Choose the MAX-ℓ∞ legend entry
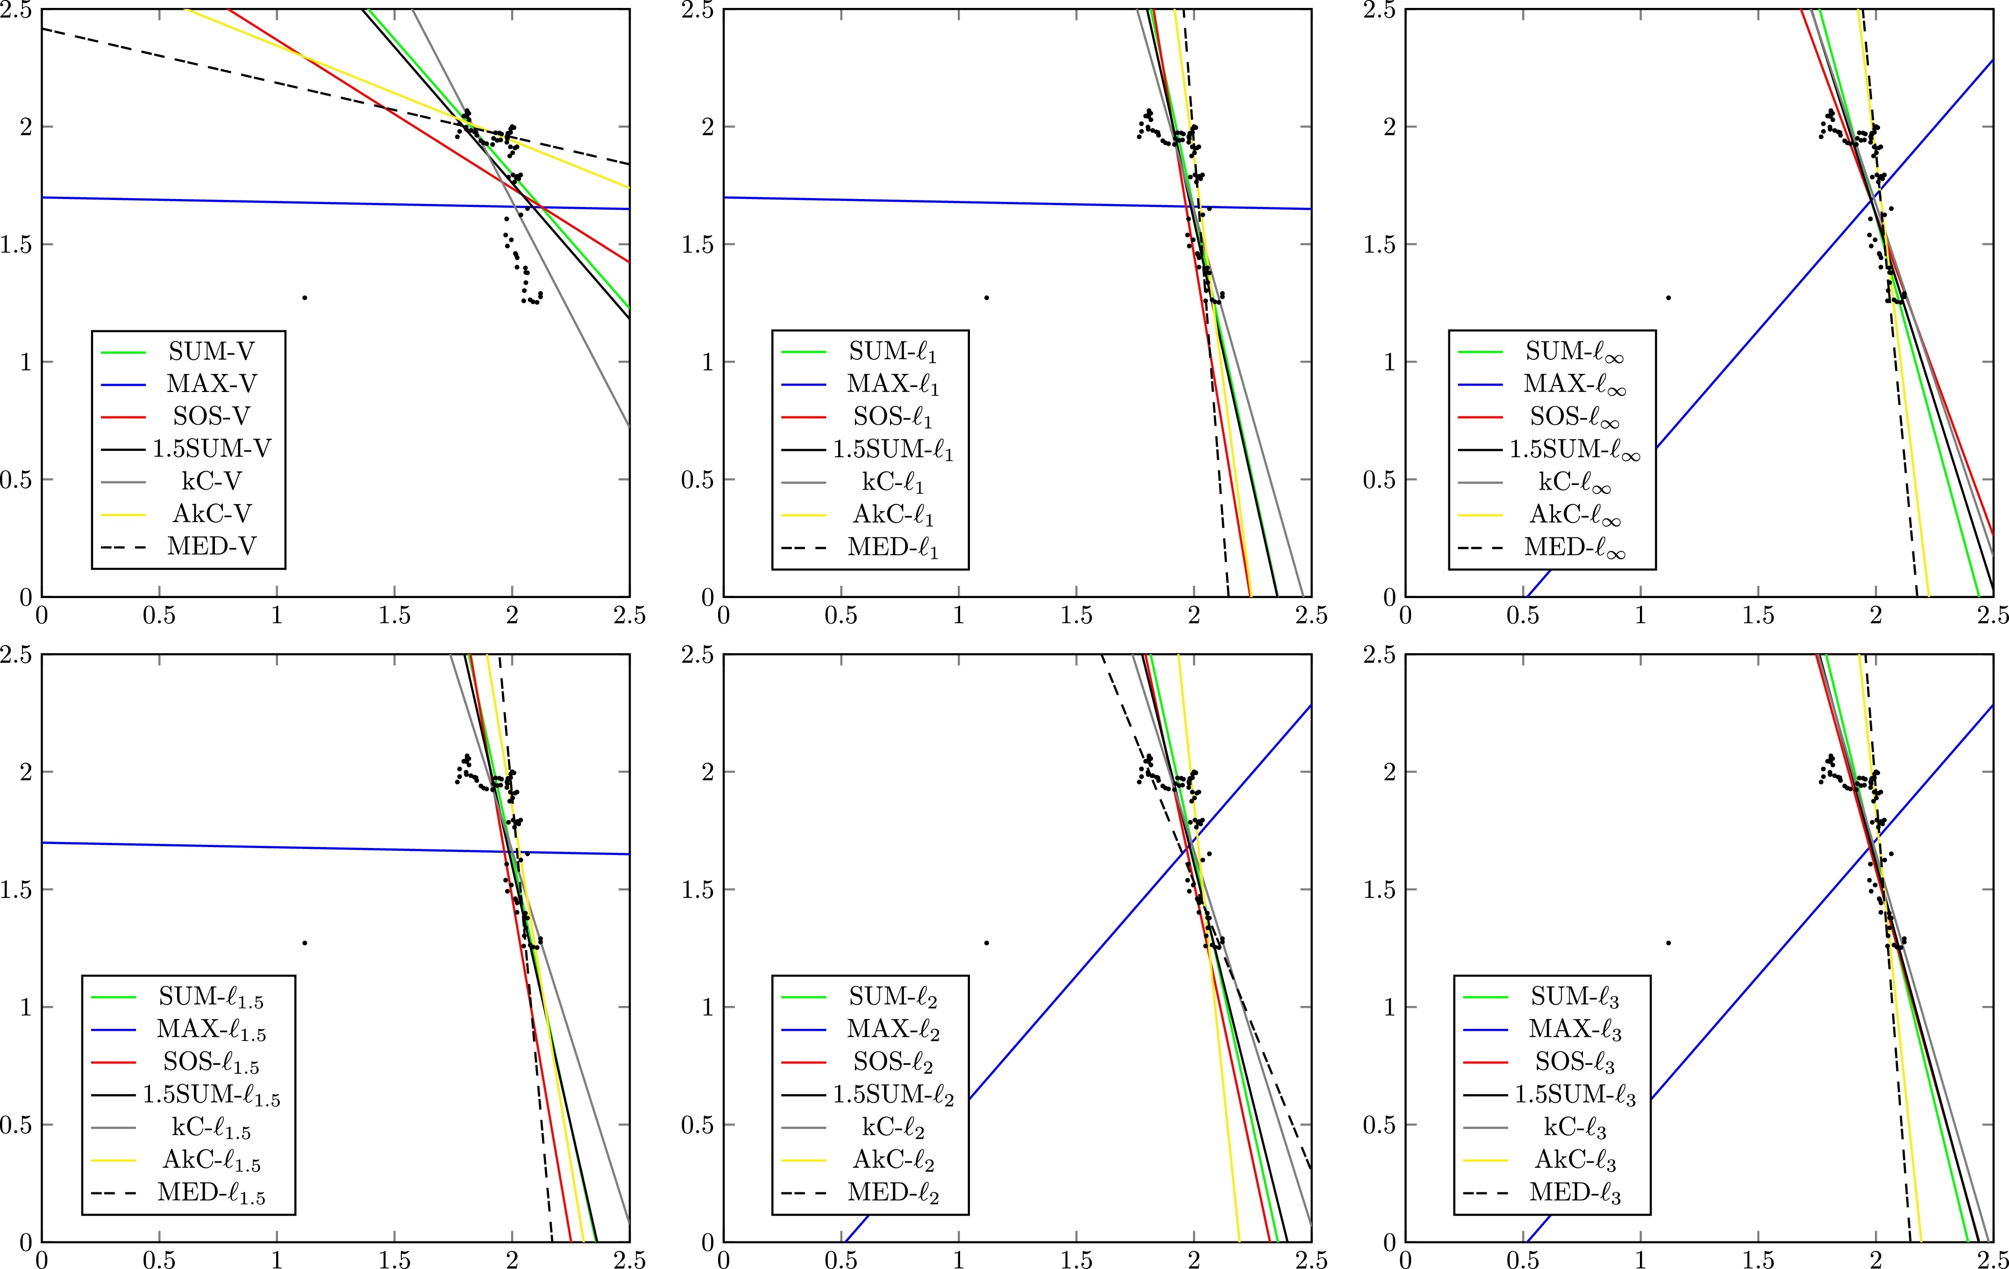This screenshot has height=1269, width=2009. [1574, 384]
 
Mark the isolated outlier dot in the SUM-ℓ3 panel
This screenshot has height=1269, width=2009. [1668, 943]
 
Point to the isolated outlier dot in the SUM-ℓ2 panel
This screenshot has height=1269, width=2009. [986, 943]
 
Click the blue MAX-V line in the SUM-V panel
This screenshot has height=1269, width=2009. [250, 200]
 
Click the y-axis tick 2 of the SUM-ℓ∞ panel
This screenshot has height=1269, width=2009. [1389, 127]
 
